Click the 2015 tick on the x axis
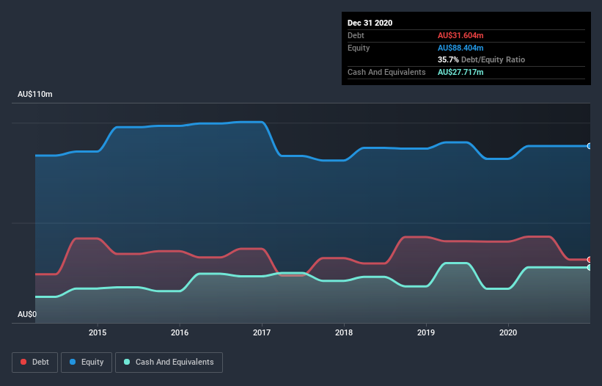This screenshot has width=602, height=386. pos(98,332)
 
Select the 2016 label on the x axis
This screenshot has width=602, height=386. pos(180,332)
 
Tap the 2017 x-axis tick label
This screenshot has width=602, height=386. pos(262,332)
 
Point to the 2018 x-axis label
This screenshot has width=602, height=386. pos(344,332)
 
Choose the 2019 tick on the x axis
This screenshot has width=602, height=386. pos(426,332)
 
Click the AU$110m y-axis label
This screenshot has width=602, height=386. pos(35,95)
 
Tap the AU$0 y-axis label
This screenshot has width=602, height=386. pos(27,314)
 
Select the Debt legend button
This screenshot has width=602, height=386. pos(34,362)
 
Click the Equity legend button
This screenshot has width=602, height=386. pos(86,362)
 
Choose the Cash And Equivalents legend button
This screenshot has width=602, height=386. pos(169,362)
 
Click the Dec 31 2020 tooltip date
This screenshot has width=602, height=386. pos(370,23)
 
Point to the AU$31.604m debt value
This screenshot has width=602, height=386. pos(461,35)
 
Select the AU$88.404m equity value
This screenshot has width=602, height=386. pos(461,48)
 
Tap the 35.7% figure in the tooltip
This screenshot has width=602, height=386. pos(448,59)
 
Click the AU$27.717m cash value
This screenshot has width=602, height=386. pos(460,72)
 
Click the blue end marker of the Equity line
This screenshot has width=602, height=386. pos(589,146)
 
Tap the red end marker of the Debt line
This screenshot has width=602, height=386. pos(589,260)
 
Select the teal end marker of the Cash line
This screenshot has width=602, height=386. pos(589,268)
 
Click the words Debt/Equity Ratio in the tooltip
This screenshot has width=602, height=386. pos(493,59)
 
